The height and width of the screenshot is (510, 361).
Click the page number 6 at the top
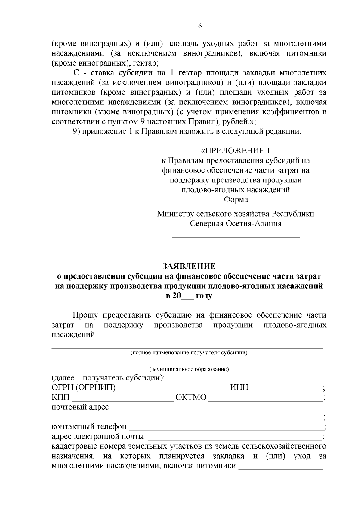(x=200, y=26)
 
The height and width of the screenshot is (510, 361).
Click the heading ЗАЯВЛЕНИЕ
(x=189, y=266)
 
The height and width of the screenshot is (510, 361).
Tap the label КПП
(x=60, y=398)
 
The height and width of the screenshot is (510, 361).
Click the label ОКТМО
(x=191, y=398)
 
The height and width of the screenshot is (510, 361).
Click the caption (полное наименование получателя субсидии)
(x=189, y=353)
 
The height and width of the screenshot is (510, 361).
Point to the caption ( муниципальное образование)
(x=189, y=369)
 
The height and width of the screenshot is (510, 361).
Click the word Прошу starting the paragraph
(x=85, y=315)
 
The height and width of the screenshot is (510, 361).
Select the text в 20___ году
(x=189, y=296)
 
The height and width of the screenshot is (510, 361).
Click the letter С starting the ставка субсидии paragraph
(x=76, y=73)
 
